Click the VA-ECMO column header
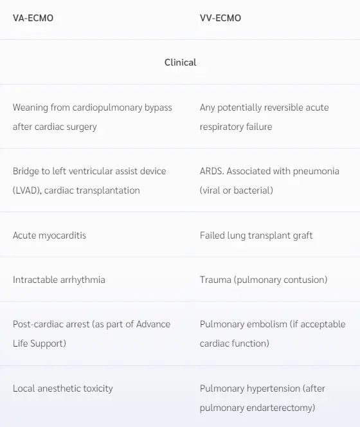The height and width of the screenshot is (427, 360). tap(33, 18)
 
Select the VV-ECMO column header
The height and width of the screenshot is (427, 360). tap(221, 18)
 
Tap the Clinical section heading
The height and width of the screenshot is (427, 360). tap(180, 62)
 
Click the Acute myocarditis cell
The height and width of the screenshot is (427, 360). tap(50, 235)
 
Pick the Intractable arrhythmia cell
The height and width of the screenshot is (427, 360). tap(59, 280)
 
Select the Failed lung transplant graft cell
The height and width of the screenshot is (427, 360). tap(256, 235)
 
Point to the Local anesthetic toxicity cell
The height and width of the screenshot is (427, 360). tap(63, 388)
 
